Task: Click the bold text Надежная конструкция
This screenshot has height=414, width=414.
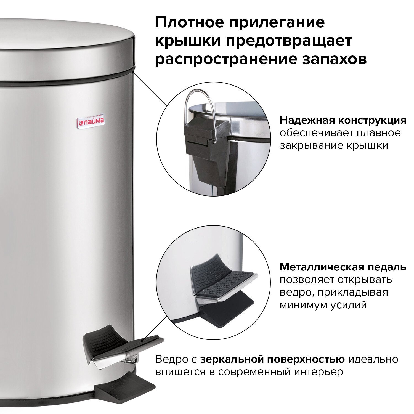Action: coord(343,120)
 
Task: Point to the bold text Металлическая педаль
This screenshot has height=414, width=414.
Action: coord(343,267)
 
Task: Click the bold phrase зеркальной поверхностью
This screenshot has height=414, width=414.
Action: coord(272,359)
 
